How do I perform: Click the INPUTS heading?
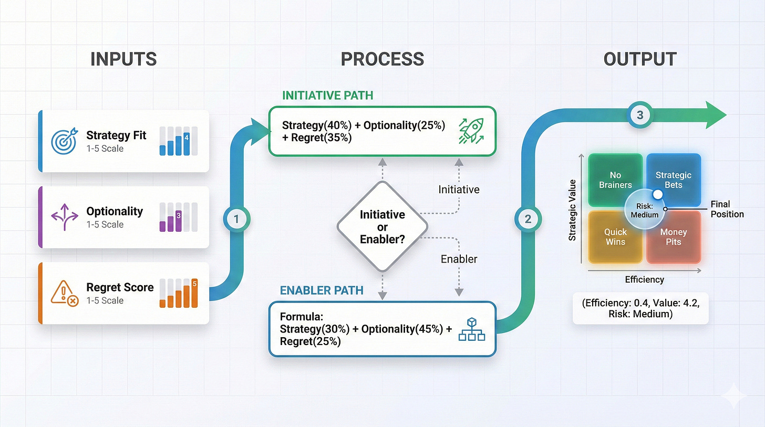(123, 59)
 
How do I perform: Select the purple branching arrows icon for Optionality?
(64, 217)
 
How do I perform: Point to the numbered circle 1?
(236, 220)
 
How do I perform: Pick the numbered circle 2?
(528, 220)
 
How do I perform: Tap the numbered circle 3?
(639, 115)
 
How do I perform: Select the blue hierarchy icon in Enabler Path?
(471, 330)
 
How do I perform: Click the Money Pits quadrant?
(674, 237)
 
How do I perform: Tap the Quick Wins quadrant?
(615, 237)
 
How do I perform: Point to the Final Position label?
(727, 209)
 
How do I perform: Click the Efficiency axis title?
(644, 279)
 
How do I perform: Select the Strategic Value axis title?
(572, 210)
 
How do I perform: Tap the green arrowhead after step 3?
(715, 115)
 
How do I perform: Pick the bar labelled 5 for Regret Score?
(194, 293)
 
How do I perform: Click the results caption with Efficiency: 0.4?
(640, 309)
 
